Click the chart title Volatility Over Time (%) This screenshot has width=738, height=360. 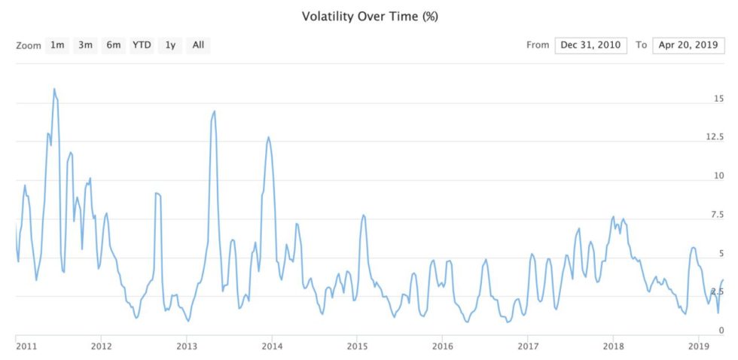coord(369,16)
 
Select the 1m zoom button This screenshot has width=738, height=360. coord(57,45)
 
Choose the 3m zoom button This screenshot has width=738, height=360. coord(85,45)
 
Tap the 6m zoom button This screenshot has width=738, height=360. coord(113,45)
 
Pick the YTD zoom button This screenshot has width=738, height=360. coord(142,45)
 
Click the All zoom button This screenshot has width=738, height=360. coord(198,45)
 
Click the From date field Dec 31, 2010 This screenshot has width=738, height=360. coord(591,45)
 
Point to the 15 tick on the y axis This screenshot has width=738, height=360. coord(718,99)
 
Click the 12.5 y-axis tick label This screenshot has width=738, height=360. coord(715,137)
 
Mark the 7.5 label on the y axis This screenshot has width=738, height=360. coord(718,215)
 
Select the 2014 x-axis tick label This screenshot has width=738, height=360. coord(272,346)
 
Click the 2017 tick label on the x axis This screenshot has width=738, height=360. coord(528,346)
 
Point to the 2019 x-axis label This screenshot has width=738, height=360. coord(699,346)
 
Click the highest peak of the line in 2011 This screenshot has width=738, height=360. coord(54,89)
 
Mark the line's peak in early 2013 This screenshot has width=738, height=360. coord(215,111)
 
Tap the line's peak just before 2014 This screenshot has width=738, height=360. coord(268,137)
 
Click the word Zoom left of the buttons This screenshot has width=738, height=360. coord(27,45)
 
